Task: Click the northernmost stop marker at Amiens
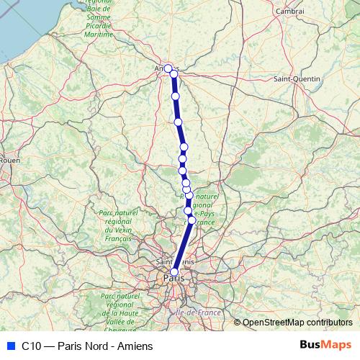coord(168,68)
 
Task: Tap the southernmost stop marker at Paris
coord(174,272)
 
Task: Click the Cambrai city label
coord(289,11)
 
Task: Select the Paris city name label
coord(173,278)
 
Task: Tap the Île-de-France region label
coord(197,312)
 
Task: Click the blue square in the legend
coord(9,345)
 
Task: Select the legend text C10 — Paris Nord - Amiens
coord(87,345)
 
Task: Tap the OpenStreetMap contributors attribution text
coord(297,322)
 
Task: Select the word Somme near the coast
coord(97,18)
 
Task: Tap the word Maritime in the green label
coord(98,34)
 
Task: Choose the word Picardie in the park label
coord(98,26)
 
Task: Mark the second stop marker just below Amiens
coord(174,74)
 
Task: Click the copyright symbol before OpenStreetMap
coord(238,322)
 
